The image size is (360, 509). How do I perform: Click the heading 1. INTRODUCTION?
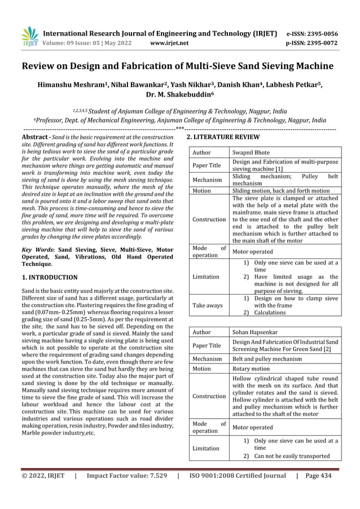pyautogui.click(x=49, y=277)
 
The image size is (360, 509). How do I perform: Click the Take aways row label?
pyautogui.click(x=207, y=305)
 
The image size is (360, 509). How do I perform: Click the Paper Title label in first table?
pyautogui.click(x=207, y=165)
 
